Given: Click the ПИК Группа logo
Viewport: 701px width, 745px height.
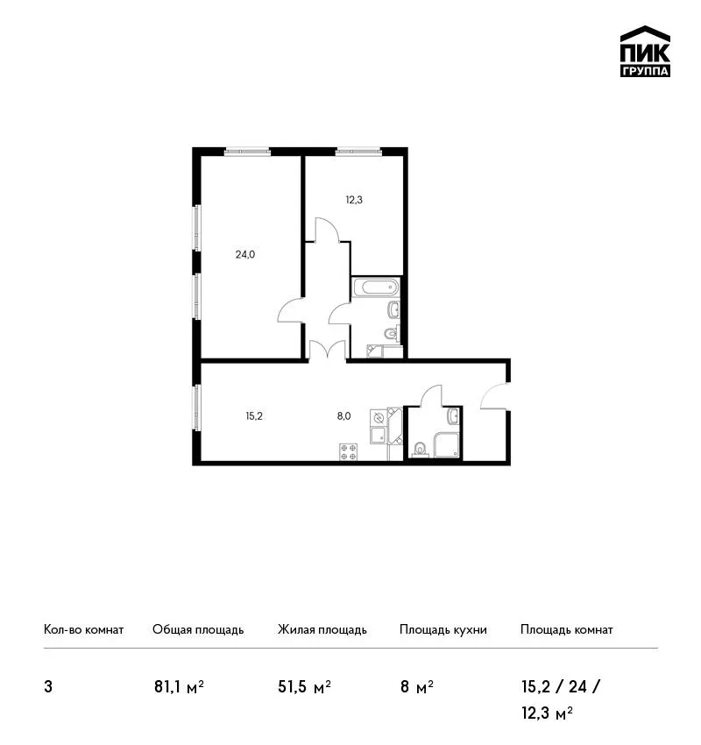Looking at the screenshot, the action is (645, 52).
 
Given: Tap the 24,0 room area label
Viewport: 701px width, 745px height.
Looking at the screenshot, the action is (245, 255).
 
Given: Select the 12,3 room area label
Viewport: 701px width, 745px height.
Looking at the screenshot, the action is (354, 200).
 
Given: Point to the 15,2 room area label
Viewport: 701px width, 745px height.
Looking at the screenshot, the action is (254, 416).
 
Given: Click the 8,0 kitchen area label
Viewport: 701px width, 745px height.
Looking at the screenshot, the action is (343, 416).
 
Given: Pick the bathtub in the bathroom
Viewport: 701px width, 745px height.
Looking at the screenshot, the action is (376, 287).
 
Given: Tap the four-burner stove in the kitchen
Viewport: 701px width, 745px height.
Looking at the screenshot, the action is (348, 452).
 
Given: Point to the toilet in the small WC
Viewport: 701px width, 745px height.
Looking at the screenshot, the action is (420, 449).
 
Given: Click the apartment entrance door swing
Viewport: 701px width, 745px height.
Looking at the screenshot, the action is (494, 396).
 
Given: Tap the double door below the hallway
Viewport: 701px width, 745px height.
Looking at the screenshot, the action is (327, 350).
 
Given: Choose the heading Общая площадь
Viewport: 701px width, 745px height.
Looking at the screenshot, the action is (198, 630).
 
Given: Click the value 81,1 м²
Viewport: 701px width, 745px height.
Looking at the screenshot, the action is (179, 687).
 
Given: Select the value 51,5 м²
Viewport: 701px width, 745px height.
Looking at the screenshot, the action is (304, 687).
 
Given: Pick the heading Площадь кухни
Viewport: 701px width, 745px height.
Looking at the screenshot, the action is (443, 630).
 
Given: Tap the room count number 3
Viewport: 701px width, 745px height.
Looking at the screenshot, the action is (48, 687).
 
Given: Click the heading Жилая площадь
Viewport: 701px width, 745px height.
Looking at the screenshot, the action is (322, 630).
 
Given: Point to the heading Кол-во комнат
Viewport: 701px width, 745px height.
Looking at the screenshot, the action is (83, 630).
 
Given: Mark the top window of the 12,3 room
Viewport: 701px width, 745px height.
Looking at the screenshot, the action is (358, 152).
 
